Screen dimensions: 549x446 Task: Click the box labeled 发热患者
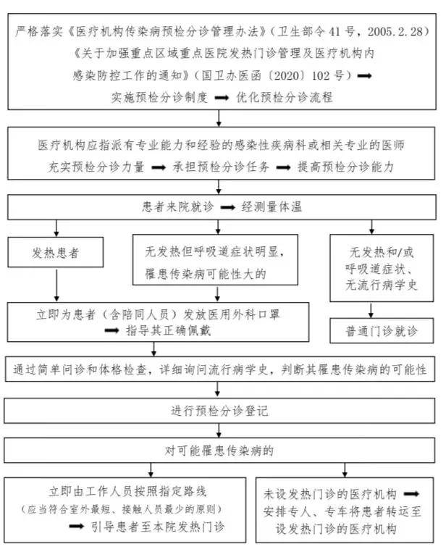point(56,253)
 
